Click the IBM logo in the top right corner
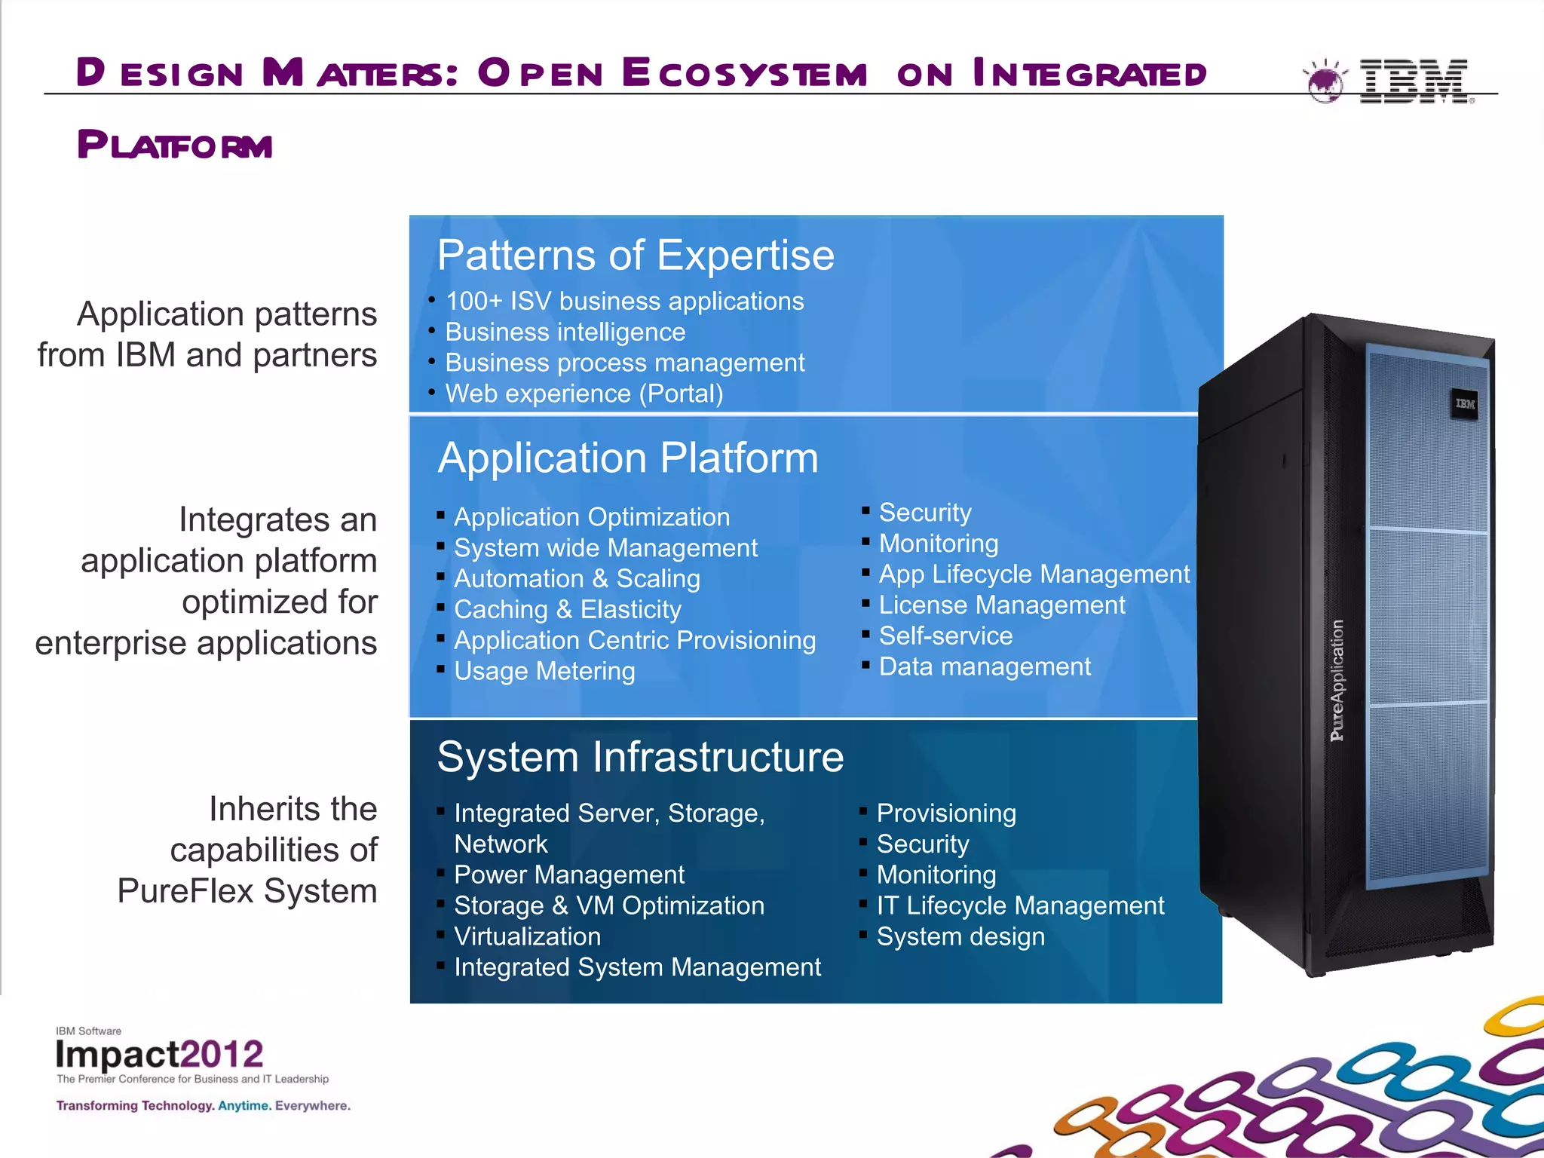pyautogui.click(x=1414, y=81)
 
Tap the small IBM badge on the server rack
pyautogui.click(x=1465, y=404)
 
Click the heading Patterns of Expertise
pyautogui.click(x=636, y=255)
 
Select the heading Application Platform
pyautogui.click(x=627, y=458)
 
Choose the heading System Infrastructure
pyautogui.click(x=640, y=756)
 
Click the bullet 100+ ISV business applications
pyautogui.click(x=624, y=301)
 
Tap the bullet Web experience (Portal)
pyautogui.click(x=584, y=394)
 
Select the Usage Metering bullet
pyautogui.click(x=544, y=671)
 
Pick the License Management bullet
pyautogui.click(x=1001, y=605)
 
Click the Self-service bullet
pyautogui.click(x=945, y=636)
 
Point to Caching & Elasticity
pyautogui.click(x=567, y=609)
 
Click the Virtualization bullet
pyautogui.click(x=527, y=936)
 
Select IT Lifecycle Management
pyautogui.click(x=1020, y=905)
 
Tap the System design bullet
pyautogui.click(x=960, y=936)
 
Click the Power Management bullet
pyautogui.click(x=568, y=875)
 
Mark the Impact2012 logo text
pyautogui.click(x=159, y=1054)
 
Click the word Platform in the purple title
pyautogui.click(x=174, y=145)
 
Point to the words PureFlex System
pyautogui.click(x=247, y=891)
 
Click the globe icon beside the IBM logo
pyautogui.click(x=1325, y=81)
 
